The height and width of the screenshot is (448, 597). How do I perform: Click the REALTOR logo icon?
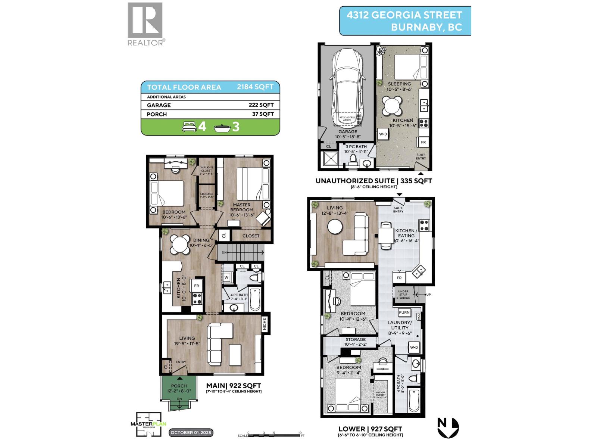145,21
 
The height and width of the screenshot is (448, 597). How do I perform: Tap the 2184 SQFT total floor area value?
255,87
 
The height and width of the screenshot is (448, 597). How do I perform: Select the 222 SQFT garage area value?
261,105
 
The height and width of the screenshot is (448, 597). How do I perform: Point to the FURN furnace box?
404,312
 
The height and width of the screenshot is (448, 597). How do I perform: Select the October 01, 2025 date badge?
191,433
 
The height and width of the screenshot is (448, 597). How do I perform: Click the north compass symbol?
448,427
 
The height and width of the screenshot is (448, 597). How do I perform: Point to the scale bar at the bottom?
274,434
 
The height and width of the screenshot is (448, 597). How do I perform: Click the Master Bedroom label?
241,207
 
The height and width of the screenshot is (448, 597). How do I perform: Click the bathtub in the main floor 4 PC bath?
254,299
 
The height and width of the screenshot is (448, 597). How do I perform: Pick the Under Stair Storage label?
403,294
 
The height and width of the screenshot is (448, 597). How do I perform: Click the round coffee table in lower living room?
335,227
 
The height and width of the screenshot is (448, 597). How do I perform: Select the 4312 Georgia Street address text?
404,15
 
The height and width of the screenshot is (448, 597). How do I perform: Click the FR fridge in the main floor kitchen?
197,286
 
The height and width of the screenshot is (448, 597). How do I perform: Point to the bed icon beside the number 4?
189,127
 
